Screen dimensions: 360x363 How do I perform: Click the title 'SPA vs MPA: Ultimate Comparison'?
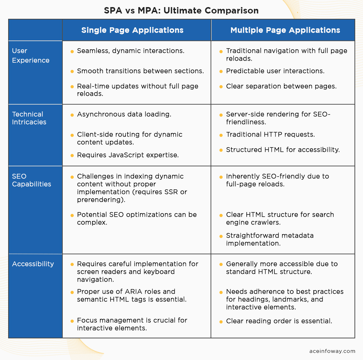[x=181, y=11]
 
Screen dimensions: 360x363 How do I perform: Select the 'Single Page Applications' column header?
[x=132, y=30]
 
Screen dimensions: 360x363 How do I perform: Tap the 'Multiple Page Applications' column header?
[x=285, y=30]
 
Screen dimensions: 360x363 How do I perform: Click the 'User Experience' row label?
[x=30, y=55]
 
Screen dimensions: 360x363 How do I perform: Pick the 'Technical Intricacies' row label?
[x=29, y=118]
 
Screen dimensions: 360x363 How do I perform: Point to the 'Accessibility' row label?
[x=33, y=264]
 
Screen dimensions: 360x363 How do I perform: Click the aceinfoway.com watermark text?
[x=332, y=351]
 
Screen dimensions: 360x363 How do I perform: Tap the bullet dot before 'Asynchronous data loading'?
[x=72, y=115]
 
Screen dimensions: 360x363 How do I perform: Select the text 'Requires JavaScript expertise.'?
[x=128, y=155]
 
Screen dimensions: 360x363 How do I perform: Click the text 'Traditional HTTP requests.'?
[x=270, y=134]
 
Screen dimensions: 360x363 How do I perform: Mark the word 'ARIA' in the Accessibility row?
[x=133, y=292]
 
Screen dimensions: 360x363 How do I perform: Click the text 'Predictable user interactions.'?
[x=275, y=71]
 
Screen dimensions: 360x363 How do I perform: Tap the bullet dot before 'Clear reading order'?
[x=221, y=322]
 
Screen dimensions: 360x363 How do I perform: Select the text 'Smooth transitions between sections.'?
[x=140, y=71]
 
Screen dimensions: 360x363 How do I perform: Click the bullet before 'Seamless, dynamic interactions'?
[x=72, y=51]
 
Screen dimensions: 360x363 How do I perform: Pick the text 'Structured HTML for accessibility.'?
[x=283, y=150]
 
